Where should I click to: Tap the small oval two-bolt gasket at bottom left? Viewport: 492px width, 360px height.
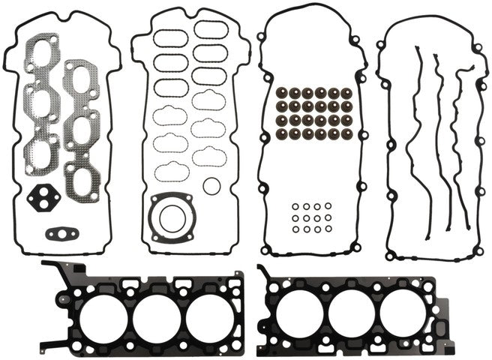click(61, 233)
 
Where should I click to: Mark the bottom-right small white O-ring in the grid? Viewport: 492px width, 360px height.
click(328, 228)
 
